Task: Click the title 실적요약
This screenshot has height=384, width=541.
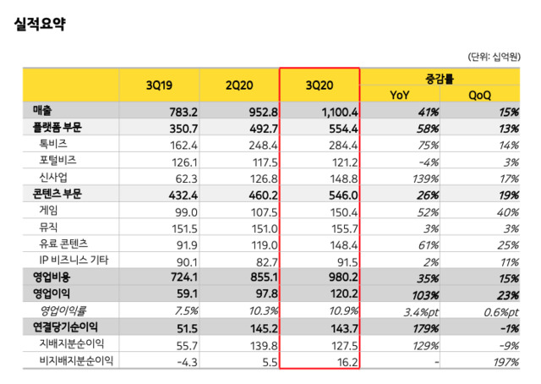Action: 41,23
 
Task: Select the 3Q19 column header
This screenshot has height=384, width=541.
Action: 160,85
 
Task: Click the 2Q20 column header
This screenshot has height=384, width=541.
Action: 240,85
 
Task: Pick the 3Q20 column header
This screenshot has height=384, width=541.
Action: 320,85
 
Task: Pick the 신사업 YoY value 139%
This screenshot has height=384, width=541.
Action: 425,177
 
